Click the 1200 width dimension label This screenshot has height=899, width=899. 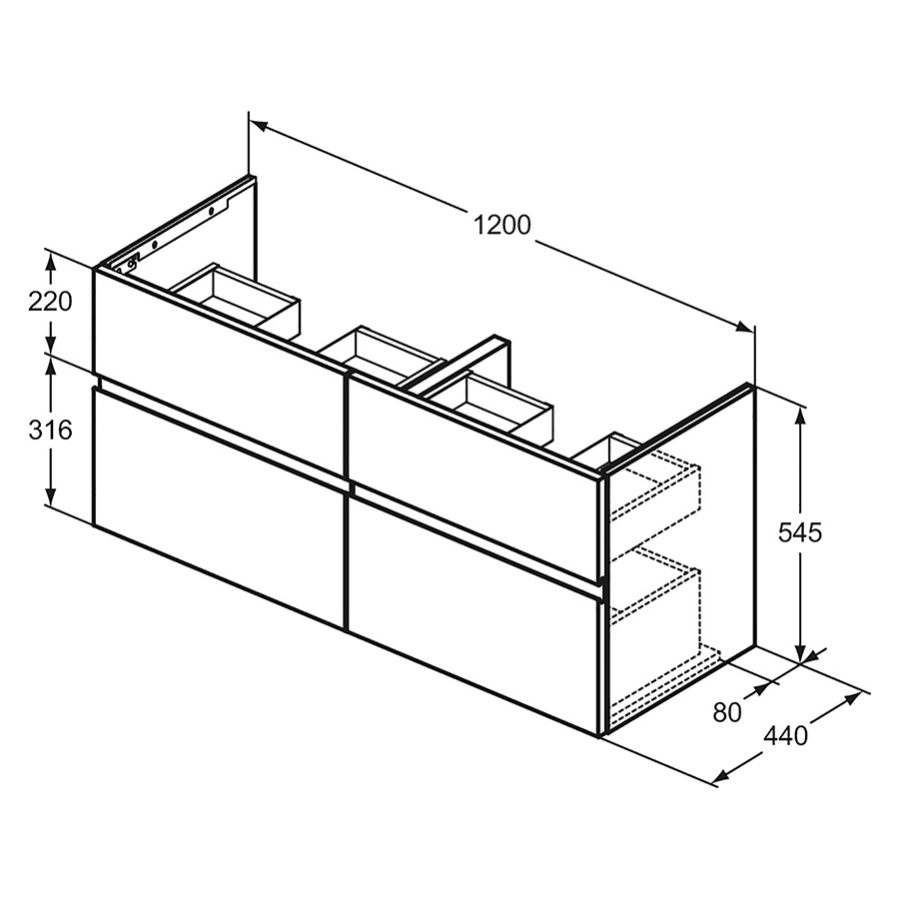(502, 226)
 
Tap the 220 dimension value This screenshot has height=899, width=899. (50, 301)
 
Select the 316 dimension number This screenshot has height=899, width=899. (50, 431)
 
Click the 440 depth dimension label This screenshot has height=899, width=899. (785, 736)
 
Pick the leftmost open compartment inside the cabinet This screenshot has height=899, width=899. (236, 296)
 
